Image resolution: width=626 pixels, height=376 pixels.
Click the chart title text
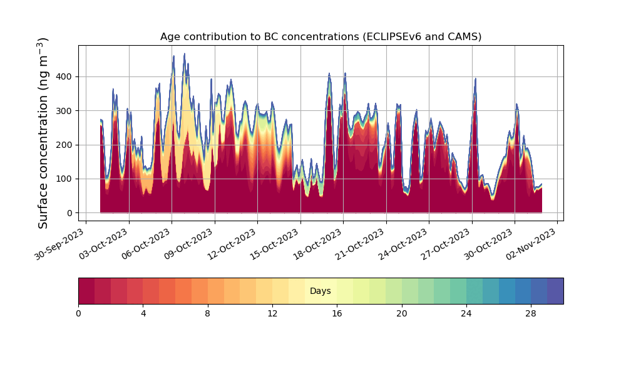click(321, 37)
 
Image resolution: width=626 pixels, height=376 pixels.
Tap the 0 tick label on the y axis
click(70, 213)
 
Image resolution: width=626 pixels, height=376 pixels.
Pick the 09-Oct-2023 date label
click(189, 244)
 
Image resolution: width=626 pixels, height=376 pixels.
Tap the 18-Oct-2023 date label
click(318, 244)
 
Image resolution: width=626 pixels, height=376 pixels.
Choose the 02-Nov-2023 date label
click(532, 244)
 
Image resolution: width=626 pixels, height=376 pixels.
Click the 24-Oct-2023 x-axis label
click(404, 244)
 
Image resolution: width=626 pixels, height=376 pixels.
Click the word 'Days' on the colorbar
click(320, 291)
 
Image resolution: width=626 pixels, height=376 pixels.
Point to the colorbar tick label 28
click(531, 314)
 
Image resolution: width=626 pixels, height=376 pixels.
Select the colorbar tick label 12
click(272, 314)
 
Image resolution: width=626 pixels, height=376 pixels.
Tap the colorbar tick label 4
click(143, 314)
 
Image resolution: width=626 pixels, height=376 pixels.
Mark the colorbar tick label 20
click(402, 314)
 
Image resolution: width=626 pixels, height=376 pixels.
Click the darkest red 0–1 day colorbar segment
click(86, 291)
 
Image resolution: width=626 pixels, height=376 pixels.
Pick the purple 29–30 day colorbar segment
click(555, 291)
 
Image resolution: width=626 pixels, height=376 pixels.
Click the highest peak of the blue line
click(185, 53)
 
